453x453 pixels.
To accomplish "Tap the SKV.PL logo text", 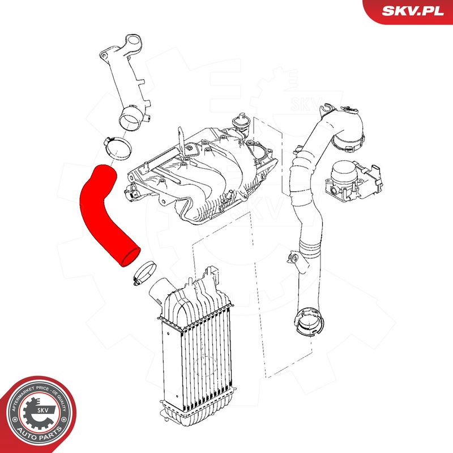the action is pyautogui.click(x=413, y=11).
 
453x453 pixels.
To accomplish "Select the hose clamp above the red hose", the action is pyautogui.click(x=117, y=148).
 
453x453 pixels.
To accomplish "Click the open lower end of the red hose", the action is pyautogui.click(x=130, y=257).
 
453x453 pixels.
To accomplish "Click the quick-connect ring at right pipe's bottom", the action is pyautogui.click(x=309, y=322).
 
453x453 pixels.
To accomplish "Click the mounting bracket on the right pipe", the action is pyautogui.click(x=294, y=258).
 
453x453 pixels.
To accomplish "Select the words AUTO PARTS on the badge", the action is pyautogui.click(x=40, y=434).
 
